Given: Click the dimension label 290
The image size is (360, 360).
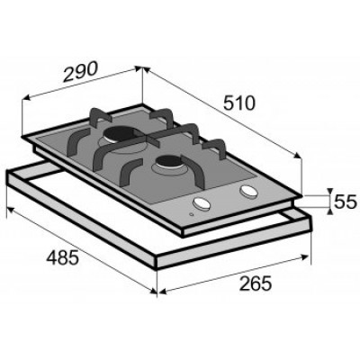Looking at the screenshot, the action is coord(80,72).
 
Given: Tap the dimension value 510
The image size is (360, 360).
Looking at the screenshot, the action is coord(238,103).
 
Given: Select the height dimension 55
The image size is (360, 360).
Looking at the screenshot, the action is coord(345,202).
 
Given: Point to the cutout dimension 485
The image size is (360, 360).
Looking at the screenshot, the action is coord(63,257).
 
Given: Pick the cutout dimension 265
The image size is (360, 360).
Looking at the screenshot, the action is coord(256,283).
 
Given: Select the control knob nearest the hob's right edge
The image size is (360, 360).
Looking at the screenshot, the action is coord(248,191).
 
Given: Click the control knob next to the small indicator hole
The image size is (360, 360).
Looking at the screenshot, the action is coord(202,203).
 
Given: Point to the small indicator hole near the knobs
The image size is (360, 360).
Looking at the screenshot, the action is coord(192,214).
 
